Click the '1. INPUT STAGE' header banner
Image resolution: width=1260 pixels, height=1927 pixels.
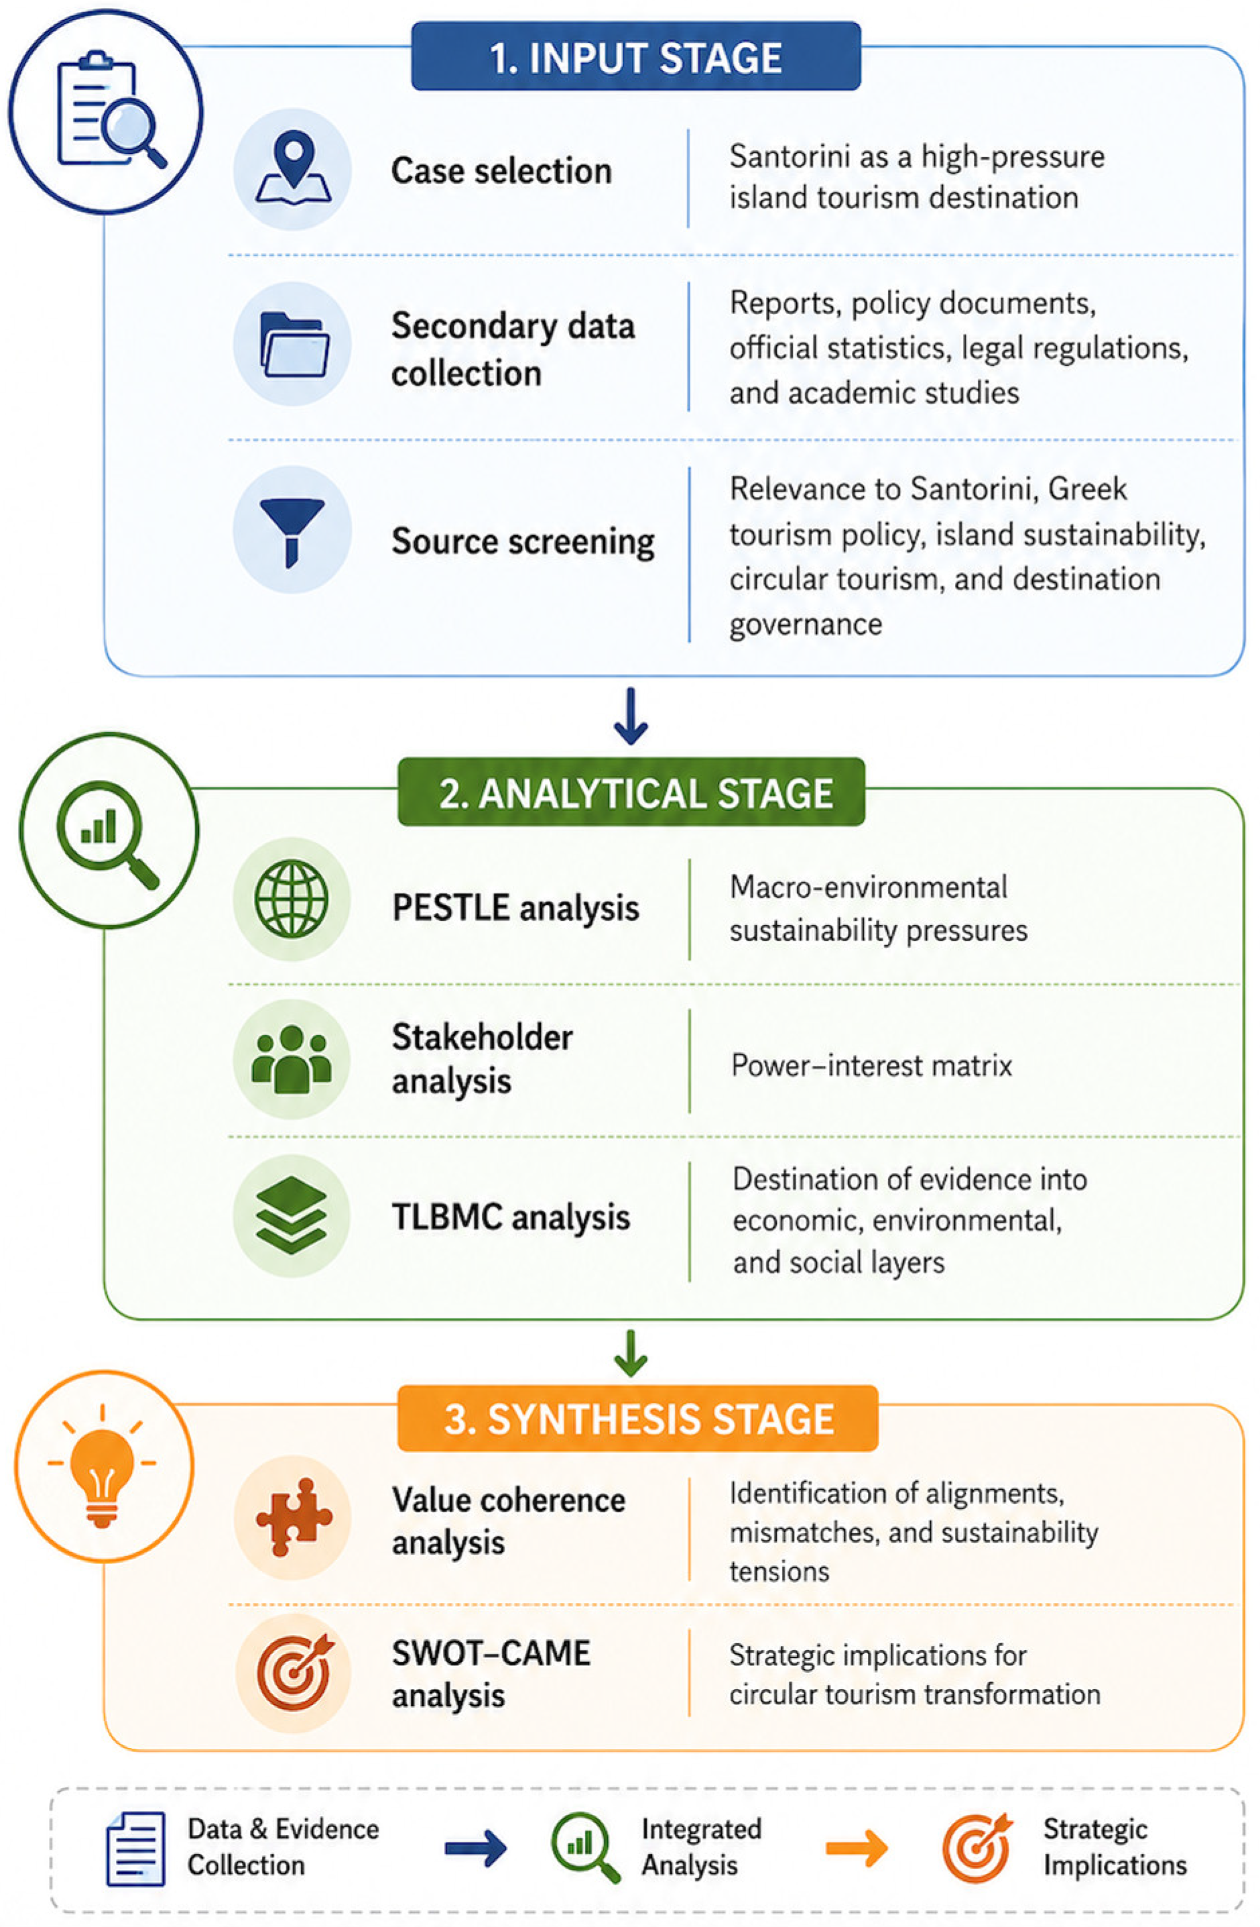(x=635, y=56)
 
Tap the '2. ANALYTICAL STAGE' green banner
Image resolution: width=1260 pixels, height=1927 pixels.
(x=631, y=792)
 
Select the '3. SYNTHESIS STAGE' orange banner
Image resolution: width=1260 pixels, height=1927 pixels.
(x=637, y=1419)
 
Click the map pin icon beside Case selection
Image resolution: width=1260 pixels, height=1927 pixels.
(x=293, y=167)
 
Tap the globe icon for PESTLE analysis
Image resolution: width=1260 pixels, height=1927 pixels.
(x=292, y=899)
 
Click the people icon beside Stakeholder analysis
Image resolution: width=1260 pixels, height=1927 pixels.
(x=292, y=1059)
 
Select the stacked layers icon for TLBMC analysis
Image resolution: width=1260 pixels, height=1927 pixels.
(x=292, y=1215)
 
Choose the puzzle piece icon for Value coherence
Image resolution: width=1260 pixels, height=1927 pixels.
(x=294, y=1516)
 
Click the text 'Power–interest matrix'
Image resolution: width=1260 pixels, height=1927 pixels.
(x=871, y=1064)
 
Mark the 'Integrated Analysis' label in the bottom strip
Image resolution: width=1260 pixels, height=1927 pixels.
(x=701, y=1846)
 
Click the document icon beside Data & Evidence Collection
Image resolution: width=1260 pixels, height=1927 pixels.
(x=135, y=1848)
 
